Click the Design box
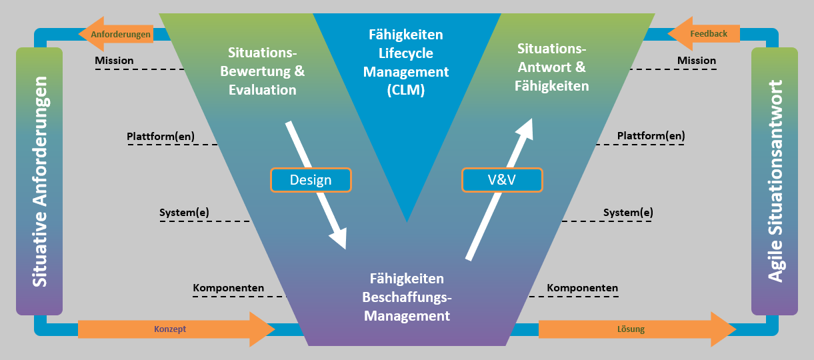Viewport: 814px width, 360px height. (x=311, y=180)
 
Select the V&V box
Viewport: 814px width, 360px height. (x=502, y=180)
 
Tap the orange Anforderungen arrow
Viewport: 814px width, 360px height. (x=115, y=34)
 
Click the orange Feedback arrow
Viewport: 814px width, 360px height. (x=704, y=33)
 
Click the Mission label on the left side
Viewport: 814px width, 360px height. (x=114, y=61)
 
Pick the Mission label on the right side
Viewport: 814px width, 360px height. (x=697, y=61)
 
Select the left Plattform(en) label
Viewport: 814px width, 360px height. (x=161, y=137)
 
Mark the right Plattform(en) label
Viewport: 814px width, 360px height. (x=651, y=136)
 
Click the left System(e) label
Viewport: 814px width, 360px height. (x=184, y=213)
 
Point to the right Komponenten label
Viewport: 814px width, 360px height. (x=582, y=288)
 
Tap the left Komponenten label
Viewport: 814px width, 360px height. (x=229, y=288)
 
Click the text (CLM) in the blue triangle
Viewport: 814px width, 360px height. (x=405, y=91)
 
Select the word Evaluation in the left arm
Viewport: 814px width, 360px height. (x=262, y=89)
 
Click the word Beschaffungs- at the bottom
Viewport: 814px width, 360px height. (x=407, y=297)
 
